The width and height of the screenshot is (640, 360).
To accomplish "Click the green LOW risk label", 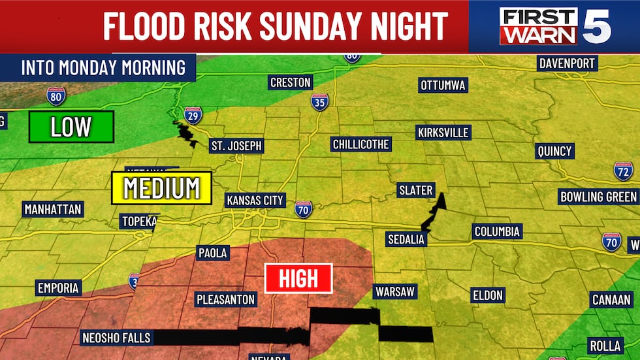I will [x=71, y=127].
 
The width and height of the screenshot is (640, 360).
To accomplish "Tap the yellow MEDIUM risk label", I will [x=161, y=188].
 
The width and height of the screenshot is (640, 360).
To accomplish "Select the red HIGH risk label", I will [x=298, y=279].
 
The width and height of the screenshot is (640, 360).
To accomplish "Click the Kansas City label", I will [x=255, y=200].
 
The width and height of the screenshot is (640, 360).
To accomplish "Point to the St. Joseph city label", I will [x=236, y=146].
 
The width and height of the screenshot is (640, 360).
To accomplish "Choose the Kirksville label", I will [x=443, y=133].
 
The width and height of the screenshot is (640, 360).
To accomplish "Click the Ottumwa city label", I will [x=443, y=86].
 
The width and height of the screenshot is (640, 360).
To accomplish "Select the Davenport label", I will [x=567, y=63].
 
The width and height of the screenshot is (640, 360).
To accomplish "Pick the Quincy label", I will [x=554, y=151].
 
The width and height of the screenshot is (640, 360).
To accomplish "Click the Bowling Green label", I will [x=598, y=197].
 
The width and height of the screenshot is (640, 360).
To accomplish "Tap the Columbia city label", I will [x=497, y=231].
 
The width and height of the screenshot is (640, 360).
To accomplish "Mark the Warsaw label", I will [x=394, y=291].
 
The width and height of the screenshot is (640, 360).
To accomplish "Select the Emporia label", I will [x=58, y=287].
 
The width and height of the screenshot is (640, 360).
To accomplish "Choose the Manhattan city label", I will [x=52, y=210].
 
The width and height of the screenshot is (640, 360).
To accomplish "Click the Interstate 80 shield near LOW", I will [x=56, y=96].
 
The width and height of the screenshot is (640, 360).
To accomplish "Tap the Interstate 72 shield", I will [x=623, y=171].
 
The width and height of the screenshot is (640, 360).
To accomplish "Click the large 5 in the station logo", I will [x=597, y=26].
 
